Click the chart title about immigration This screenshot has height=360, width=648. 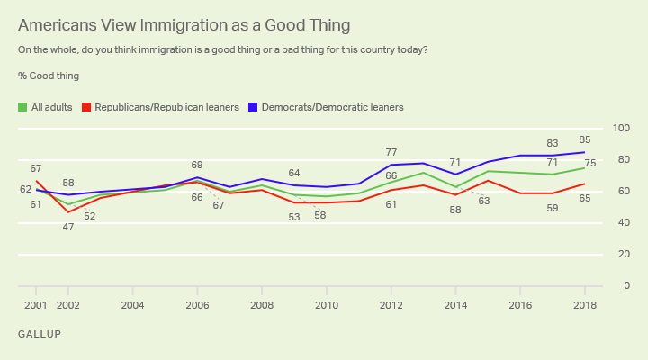(x=184, y=24)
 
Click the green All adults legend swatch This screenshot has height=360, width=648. (x=22, y=107)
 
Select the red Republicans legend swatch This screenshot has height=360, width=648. (x=87, y=107)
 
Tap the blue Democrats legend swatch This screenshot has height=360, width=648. (x=254, y=107)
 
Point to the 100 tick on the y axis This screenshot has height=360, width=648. (x=620, y=129)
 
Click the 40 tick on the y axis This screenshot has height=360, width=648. (x=623, y=223)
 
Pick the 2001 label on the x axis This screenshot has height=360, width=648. (x=36, y=304)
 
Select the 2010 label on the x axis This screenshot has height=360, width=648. (x=326, y=304)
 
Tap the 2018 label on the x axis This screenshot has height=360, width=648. (x=584, y=304)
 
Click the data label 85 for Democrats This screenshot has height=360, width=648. (x=584, y=139)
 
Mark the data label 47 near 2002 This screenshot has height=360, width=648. (x=68, y=227)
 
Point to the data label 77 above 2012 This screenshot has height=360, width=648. (x=391, y=153)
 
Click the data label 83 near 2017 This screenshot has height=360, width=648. (x=552, y=143)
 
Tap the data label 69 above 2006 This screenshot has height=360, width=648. (x=197, y=165)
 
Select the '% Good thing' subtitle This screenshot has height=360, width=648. (x=48, y=76)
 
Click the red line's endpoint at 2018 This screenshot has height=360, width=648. (x=584, y=184)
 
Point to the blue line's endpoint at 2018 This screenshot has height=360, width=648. (x=584, y=152)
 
